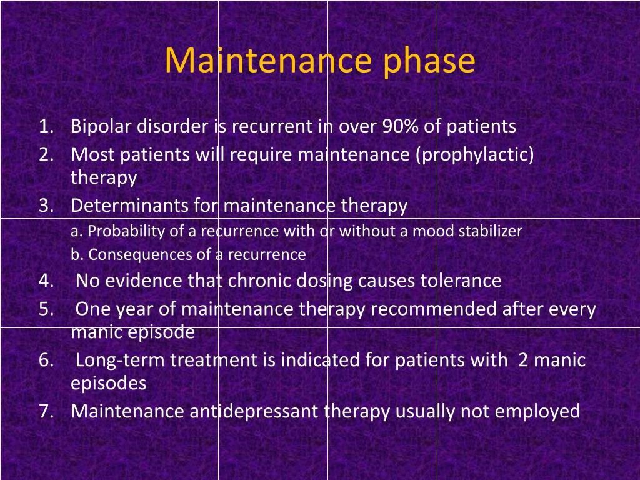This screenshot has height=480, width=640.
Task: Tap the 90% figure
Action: click(401, 126)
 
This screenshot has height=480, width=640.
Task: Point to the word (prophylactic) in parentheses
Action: click(475, 155)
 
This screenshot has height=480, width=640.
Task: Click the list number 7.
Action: click(46, 411)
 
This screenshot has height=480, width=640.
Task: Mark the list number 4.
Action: click(46, 281)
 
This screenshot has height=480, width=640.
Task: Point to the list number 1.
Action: click(46, 126)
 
